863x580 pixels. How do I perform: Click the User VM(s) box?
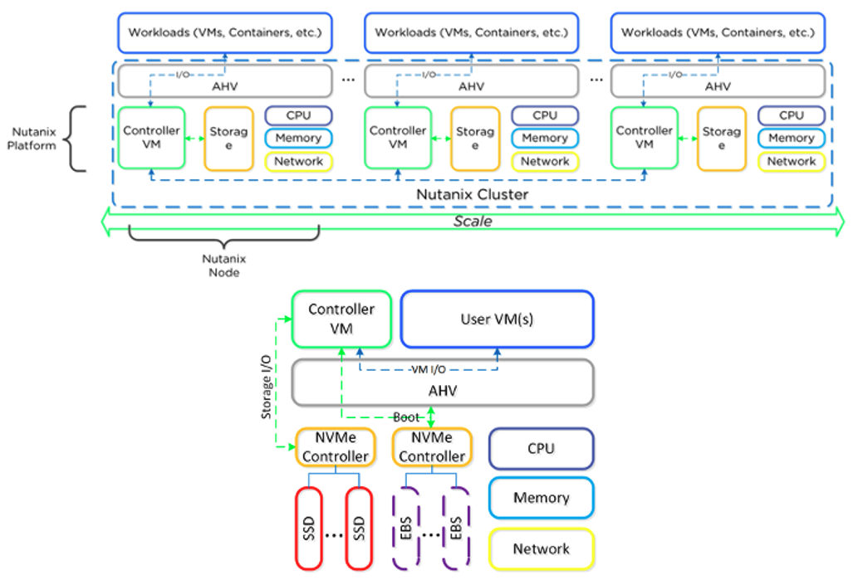pyautogui.click(x=497, y=319)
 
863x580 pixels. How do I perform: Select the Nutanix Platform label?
pyautogui.click(x=34, y=139)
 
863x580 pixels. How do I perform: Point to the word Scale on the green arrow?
pyautogui.click(x=472, y=222)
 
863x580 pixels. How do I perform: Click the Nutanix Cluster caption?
pyautogui.click(x=473, y=194)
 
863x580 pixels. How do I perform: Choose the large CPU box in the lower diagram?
pyautogui.click(x=542, y=449)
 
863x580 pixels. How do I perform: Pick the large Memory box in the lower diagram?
pyautogui.click(x=542, y=498)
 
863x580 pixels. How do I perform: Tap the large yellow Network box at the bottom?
pyautogui.click(x=542, y=548)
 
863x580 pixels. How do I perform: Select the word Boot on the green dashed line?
pyautogui.click(x=407, y=417)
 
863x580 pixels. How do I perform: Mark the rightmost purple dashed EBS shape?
pyautogui.click(x=458, y=527)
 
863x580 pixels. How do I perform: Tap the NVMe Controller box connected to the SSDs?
pyautogui.click(x=335, y=448)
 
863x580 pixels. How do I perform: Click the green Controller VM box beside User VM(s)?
pyautogui.click(x=341, y=319)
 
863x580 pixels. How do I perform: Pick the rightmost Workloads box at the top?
pyautogui.click(x=718, y=33)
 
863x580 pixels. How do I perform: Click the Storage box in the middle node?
pyautogui.click(x=475, y=139)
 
